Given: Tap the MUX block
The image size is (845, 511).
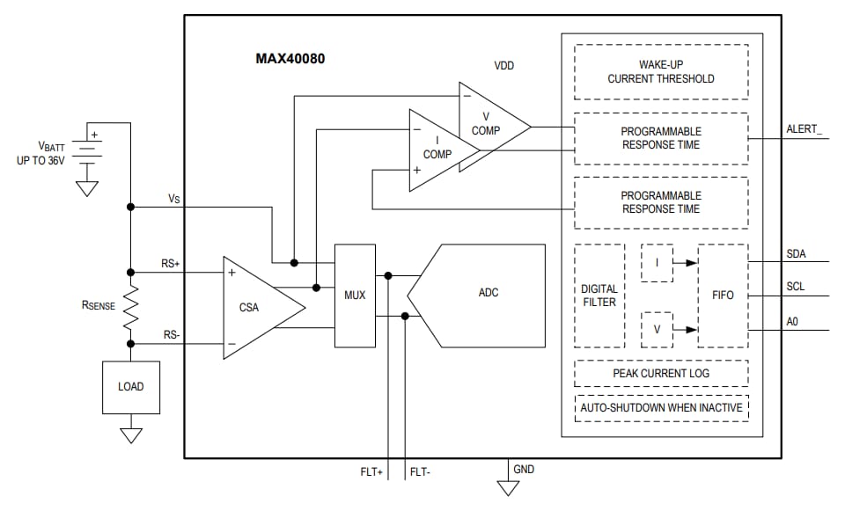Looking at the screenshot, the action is pos(354,295).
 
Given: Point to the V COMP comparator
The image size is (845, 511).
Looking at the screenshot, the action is pos(489,124).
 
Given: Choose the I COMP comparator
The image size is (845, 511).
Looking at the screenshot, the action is pos(438,149).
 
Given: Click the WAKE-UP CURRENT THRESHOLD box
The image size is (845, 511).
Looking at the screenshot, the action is pos(661,72).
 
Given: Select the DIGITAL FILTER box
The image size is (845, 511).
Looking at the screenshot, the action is pos(599,296).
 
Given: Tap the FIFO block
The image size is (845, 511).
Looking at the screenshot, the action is pos(723,296).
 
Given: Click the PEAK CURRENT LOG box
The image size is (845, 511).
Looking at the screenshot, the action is pos(661,373).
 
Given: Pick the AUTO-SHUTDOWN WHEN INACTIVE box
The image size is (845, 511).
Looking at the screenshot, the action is pos(661,407).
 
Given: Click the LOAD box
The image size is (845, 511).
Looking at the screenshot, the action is pos(130,386).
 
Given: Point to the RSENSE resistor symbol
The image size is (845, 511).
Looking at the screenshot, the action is pos(130,305).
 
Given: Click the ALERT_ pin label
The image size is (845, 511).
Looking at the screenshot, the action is pos(804,130).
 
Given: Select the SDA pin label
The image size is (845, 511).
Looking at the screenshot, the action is pos(796,254).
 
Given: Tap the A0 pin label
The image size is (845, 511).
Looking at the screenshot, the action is pos(792,322).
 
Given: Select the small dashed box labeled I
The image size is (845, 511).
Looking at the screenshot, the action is pos(657,263).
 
